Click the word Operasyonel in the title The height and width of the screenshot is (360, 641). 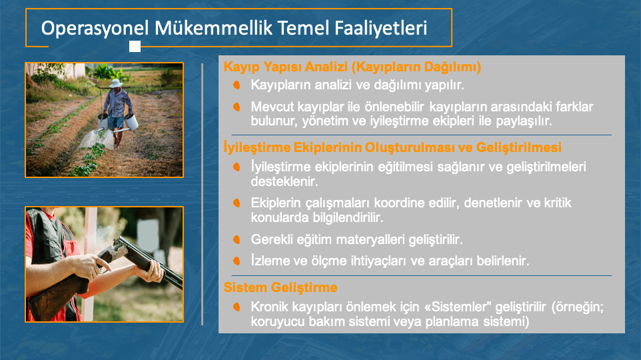tap(95, 29)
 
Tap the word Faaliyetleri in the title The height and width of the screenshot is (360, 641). tap(380, 28)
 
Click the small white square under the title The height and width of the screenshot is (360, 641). tap(135, 46)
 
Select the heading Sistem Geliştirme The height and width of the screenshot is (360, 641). tap(281, 287)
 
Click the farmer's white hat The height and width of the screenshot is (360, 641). tap(116, 83)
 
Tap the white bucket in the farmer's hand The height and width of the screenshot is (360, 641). tap(131, 121)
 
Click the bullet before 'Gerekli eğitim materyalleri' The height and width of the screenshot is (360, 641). tap(237, 239)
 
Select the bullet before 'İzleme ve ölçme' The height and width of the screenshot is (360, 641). tap(237, 261)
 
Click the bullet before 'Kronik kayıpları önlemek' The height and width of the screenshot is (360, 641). tap(237, 307)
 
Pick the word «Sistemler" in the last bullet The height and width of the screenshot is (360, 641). tap(458, 307)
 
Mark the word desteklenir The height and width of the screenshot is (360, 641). tap(285, 181)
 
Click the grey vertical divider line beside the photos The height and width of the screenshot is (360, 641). tap(203, 194)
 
